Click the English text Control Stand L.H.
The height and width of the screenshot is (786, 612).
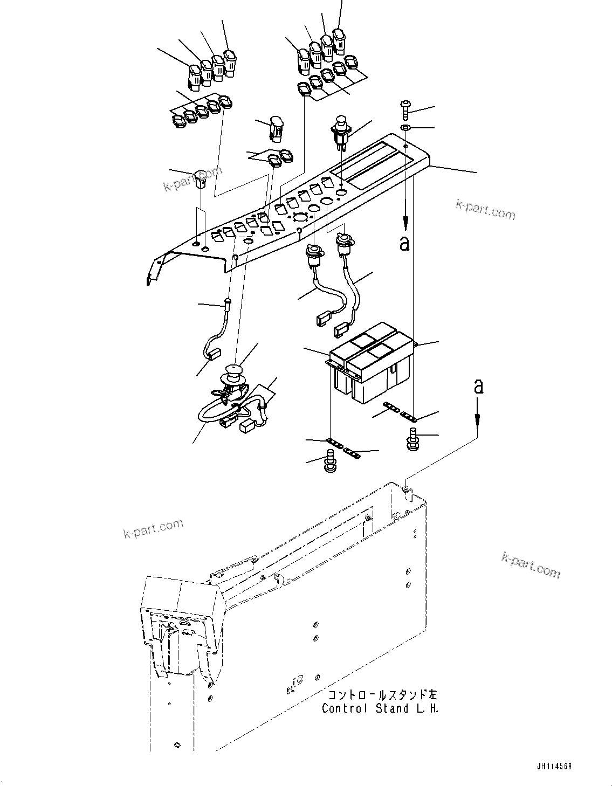(380, 708)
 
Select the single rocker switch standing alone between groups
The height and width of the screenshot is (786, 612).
(276, 128)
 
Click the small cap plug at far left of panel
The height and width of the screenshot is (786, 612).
(200, 178)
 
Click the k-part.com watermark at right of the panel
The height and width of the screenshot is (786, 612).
(485, 209)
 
